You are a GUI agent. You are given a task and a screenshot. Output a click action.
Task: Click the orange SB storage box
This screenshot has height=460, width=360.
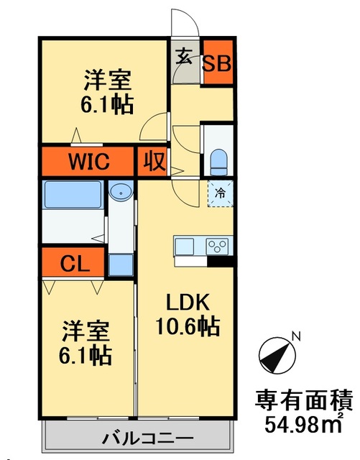(x=218, y=61)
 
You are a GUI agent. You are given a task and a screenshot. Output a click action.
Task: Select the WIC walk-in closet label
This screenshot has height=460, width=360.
(x=89, y=161)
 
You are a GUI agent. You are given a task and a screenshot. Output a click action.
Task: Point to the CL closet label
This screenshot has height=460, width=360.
(x=75, y=264)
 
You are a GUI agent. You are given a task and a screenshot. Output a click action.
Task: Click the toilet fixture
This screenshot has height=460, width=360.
(x=219, y=162)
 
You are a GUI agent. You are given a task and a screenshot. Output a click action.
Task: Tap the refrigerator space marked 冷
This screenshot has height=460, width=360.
(x=221, y=193)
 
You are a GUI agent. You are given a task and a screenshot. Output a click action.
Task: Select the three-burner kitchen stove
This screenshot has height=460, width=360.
(x=217, y=246)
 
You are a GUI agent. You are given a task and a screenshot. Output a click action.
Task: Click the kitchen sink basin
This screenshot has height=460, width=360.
(x=184, y=247)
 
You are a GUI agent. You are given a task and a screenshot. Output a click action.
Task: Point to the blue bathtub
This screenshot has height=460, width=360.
(x=73, y=195)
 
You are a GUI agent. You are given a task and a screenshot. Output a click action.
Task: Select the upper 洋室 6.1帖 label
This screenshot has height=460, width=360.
(x=107, y=91)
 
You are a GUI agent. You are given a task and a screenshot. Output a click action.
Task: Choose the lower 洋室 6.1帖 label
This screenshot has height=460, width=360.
(x=85, y=343)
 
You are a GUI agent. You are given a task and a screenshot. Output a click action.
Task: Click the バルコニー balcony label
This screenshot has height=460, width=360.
(x=147, y=439)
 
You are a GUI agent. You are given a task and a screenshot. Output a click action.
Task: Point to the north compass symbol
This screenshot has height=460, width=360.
(x=277, y=356)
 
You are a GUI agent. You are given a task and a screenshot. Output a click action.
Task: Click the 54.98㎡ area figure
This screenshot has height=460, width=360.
(x=304, y=424)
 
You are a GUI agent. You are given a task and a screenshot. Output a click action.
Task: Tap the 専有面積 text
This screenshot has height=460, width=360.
(x=304, y=400)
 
